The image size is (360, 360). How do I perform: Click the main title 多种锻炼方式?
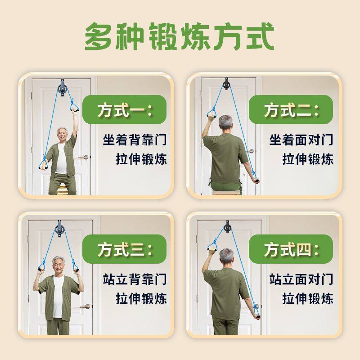tap(180, 36)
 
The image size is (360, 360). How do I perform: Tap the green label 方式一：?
tap(125, 110)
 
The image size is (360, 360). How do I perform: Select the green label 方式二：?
tap(291, 110)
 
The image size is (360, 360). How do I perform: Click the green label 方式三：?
tap(125, 249)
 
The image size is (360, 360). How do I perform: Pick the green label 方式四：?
tap(291, 249)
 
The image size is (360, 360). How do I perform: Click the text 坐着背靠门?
tap(135, 139)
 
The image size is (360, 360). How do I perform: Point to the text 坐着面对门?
tap(301, 139)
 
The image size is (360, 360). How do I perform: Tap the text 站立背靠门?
tap(135, 279)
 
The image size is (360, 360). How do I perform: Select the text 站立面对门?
tap(301, 279)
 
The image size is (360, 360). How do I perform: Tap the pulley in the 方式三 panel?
tap(59, 228)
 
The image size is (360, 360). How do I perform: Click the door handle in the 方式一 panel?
tap(84, 157)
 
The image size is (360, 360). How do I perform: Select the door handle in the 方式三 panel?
tap(84, 306)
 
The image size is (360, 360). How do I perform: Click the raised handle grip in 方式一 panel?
tap(74, 108)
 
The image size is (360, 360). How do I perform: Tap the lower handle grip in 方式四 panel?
tap(257, 316)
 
